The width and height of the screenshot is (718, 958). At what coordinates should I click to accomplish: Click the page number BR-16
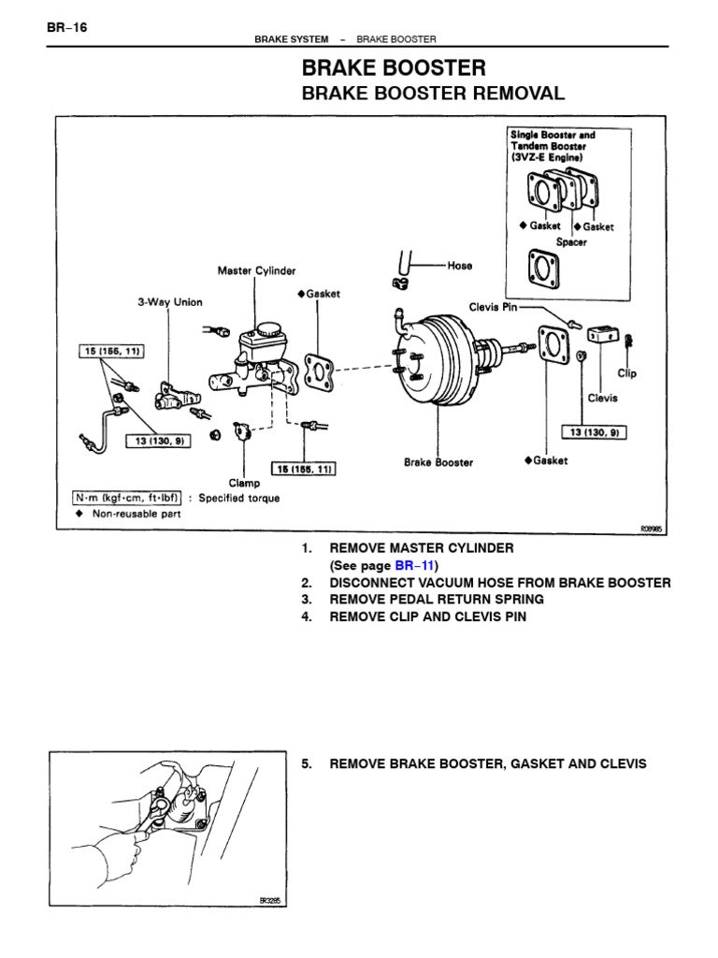click(67, 27)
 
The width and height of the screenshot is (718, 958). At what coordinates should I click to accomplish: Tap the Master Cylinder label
click(256, 270)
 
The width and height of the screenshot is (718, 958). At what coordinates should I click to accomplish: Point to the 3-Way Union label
click(169, 302)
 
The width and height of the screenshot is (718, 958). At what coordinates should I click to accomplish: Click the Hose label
click(460, 266)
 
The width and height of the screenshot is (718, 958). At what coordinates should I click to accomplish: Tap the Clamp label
click(244, 484)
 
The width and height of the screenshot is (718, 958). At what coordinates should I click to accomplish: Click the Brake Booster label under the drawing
click(438, 462)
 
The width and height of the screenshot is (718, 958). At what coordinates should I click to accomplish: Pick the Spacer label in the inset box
click(571, 242)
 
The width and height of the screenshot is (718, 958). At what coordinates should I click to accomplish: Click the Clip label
click(627, 372)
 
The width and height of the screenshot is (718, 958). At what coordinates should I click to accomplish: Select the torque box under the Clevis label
click(594, 431)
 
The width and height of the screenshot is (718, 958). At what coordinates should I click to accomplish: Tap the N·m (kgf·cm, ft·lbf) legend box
click(128, 498)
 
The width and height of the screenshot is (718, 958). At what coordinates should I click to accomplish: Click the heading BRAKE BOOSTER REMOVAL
click(433, 94)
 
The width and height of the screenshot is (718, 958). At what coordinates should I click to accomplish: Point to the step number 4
click(306, 617)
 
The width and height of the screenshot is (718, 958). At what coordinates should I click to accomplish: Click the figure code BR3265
click(270, 901)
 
